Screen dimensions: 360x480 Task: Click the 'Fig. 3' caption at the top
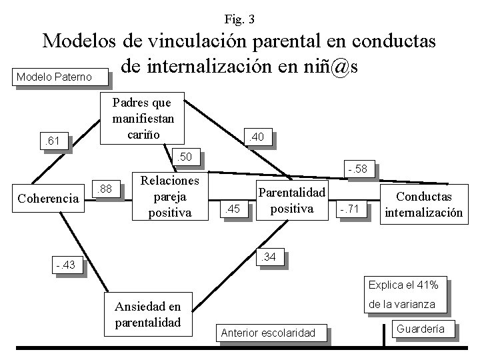point(239,18)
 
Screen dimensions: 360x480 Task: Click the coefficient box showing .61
point(52,141)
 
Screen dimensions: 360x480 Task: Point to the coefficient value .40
point(257,137)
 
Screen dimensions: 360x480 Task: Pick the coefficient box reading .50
point(183,157)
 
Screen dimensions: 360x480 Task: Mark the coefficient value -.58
point(359,170)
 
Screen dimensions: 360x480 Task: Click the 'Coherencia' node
point(48,198)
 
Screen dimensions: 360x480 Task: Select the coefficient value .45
point(234,211)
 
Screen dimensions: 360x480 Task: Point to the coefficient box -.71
point(349,210)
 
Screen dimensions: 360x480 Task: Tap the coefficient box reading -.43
point(67,267)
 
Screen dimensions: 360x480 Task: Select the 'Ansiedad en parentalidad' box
point(147,314)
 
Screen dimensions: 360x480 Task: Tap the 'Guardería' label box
point(425,328)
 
